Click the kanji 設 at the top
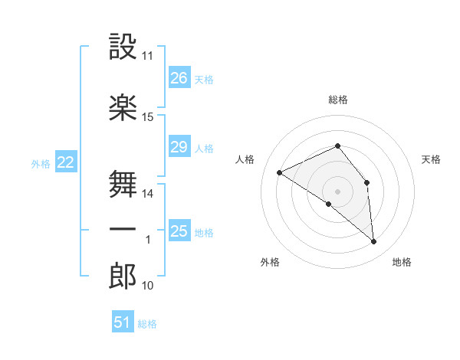tap(123, 47)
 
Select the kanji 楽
tap(123, 108)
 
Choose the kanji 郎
tap(123, 276)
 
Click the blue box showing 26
tap(179, 78)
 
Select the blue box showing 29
tap(179, 147)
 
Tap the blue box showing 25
tap(179, 231)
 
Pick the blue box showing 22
tap(66, 162)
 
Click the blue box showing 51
tap(123, 322)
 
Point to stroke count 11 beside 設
tap(148, 57)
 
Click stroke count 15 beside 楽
tap(148, 117)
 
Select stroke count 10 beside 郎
tap(148, 286)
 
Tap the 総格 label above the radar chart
tap(338, 100)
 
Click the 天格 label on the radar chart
tap(431, 159)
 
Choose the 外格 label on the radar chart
tap(270, 262)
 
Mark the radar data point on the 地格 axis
tap(373, 241)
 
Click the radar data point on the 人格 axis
tap(280, 172)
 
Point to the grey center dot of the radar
tap(337, 191)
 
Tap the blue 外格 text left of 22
tap(40, 163)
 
